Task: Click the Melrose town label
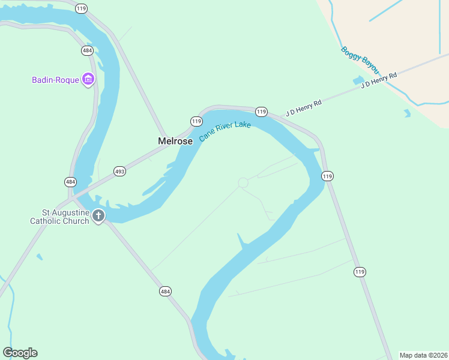pyautogui.click(x=175, y=141)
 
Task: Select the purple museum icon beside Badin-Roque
pyautogui.click(x=88, y=79)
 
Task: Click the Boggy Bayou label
pyautogui.click(x=360, y=61)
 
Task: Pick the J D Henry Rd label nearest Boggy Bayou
pyautogui.click(x=379, y=80)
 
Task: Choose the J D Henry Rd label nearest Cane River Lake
pyautogui.click(x=304, y=107)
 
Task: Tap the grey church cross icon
pyautogui.click(x=98, y=216)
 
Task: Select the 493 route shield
pyautogui.click(x=119, y=172)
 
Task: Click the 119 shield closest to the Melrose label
pyautogui.click(x=196, y=121)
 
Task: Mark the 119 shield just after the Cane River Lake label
pyautogui.click(x=261, y=112)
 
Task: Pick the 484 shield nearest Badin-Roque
pyautogui.click(x=86, y=51)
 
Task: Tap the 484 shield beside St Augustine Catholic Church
pyautogui.click(x=70, y=181)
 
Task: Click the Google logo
pyautogui.click(x=20, y=353)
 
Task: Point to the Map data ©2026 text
pyautogui.click(x=423, y=355)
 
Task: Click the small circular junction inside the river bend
pyautogui.click(x=243, y=182)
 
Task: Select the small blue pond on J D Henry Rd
pyautogui.click(x=358, y=80)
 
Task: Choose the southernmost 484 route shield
pyautogui.click(x=166, y=291)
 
